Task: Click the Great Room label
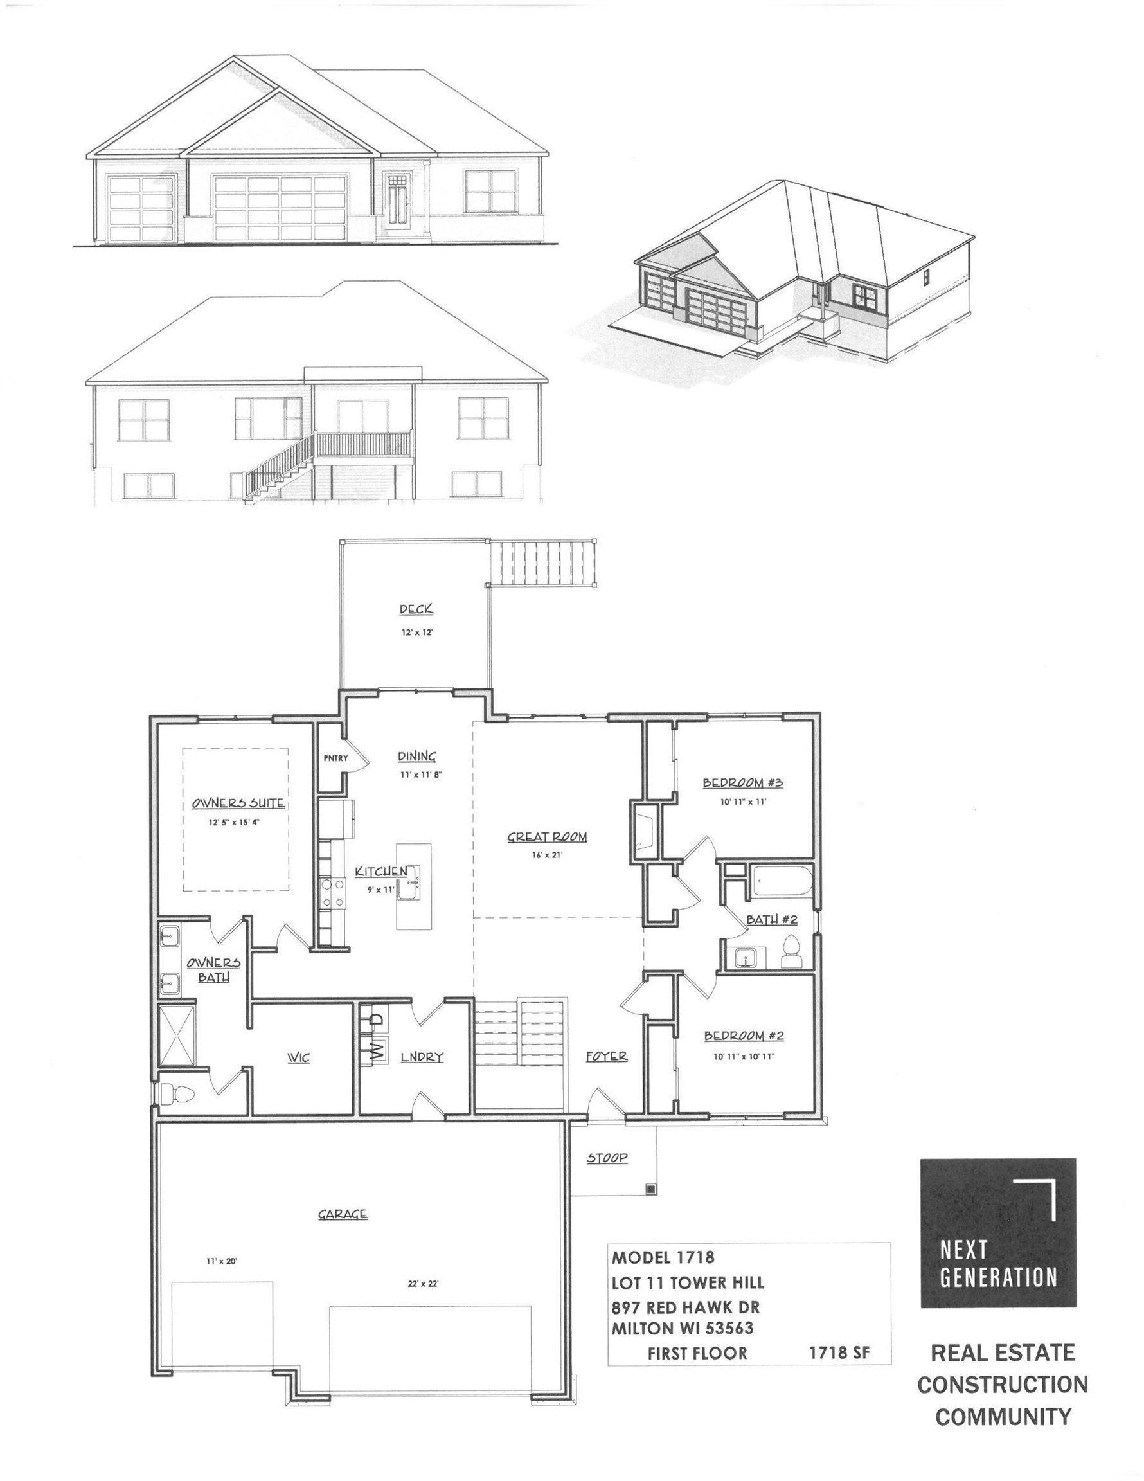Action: [546, 837]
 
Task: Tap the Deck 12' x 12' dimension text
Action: [416, 631]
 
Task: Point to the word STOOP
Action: [607, 1158]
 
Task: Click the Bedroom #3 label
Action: [742, 782]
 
